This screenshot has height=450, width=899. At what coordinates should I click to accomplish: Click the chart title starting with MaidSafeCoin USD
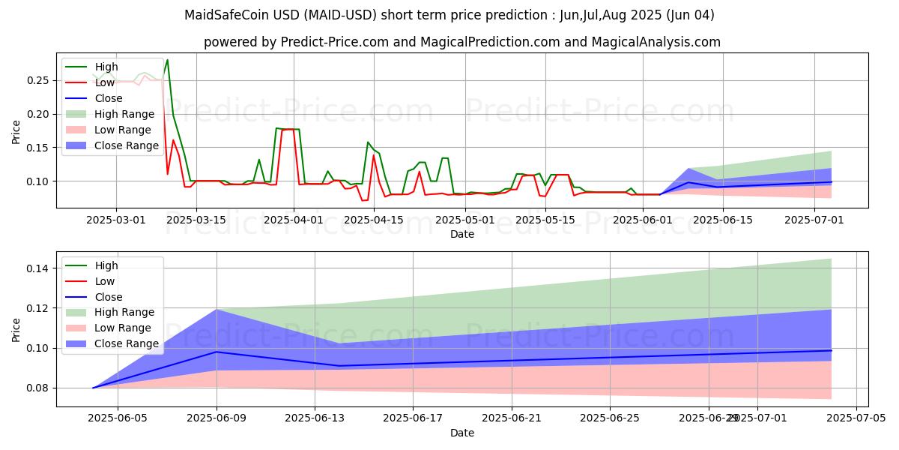coord(449,15)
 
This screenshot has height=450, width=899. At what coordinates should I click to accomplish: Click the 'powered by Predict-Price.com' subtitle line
coord(461,42)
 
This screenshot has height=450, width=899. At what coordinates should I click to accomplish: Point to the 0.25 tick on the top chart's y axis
coord(39,80)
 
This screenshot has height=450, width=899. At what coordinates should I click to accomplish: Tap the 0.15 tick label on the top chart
coord(39,148)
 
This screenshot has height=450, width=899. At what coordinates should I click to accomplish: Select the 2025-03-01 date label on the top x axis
coord(116,219)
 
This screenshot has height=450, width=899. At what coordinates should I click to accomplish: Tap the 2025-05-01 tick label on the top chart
coord(465,219)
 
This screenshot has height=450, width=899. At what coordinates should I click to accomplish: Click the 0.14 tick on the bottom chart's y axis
coord(39,268)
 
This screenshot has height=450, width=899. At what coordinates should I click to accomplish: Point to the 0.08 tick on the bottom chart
coord(39,388)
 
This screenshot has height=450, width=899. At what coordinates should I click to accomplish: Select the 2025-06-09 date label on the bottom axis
coord(217,418)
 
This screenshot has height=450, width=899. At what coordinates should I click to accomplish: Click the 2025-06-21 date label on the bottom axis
coord(512,418)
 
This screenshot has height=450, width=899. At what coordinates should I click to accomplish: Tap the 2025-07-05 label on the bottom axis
coord(856,418)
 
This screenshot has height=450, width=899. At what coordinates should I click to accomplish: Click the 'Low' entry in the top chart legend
coord(105,82)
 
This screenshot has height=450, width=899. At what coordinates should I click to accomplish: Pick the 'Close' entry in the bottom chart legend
coord(109,297)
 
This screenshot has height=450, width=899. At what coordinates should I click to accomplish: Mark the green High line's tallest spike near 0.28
coord(167,60)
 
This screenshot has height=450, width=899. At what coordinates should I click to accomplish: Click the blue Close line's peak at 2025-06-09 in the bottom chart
coord(217,352)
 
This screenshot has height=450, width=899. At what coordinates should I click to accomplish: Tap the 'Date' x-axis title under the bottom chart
coord(461,433)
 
